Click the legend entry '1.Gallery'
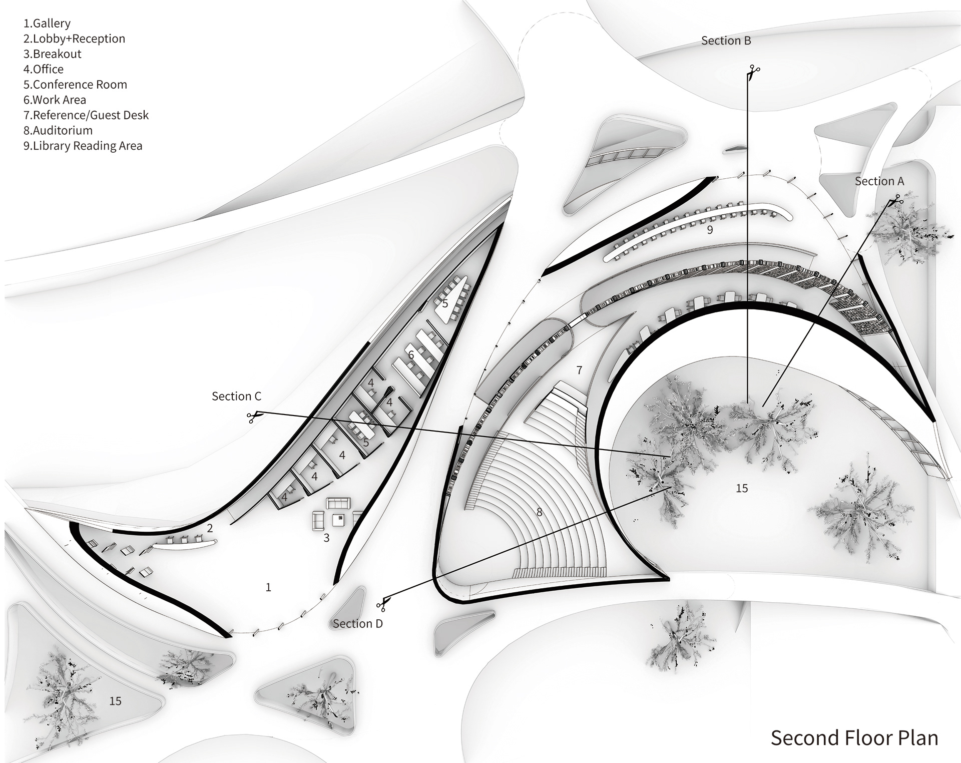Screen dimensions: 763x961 click(x=47, y=24)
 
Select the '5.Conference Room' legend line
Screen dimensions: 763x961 click(x=75, y=85)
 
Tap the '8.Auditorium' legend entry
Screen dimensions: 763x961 click(x=58, y=131)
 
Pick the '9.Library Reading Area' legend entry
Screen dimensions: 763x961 click(x=83, y=146)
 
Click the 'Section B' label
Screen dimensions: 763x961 click(x=726, y=41)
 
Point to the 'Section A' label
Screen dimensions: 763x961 click(x=879, y=181)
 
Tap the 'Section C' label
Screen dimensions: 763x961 click(x=236, y=397)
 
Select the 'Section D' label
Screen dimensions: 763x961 click(x=357, y=624)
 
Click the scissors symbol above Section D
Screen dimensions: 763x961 click(x=383, y=603)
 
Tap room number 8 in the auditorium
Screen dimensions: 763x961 click(x=539, y=512)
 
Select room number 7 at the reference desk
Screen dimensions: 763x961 click(x=579, y=370)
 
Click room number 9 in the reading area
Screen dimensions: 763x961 click(x=709, y=230)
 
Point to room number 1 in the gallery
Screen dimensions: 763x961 click(x=268, y=587)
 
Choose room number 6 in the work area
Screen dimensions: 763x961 click(x=411, y=355)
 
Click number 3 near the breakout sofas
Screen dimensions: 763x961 click(x=326, y=538)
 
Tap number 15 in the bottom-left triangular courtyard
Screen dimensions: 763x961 click(x=115, y=701)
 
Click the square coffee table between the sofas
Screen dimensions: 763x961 click(x=339, y=519)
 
